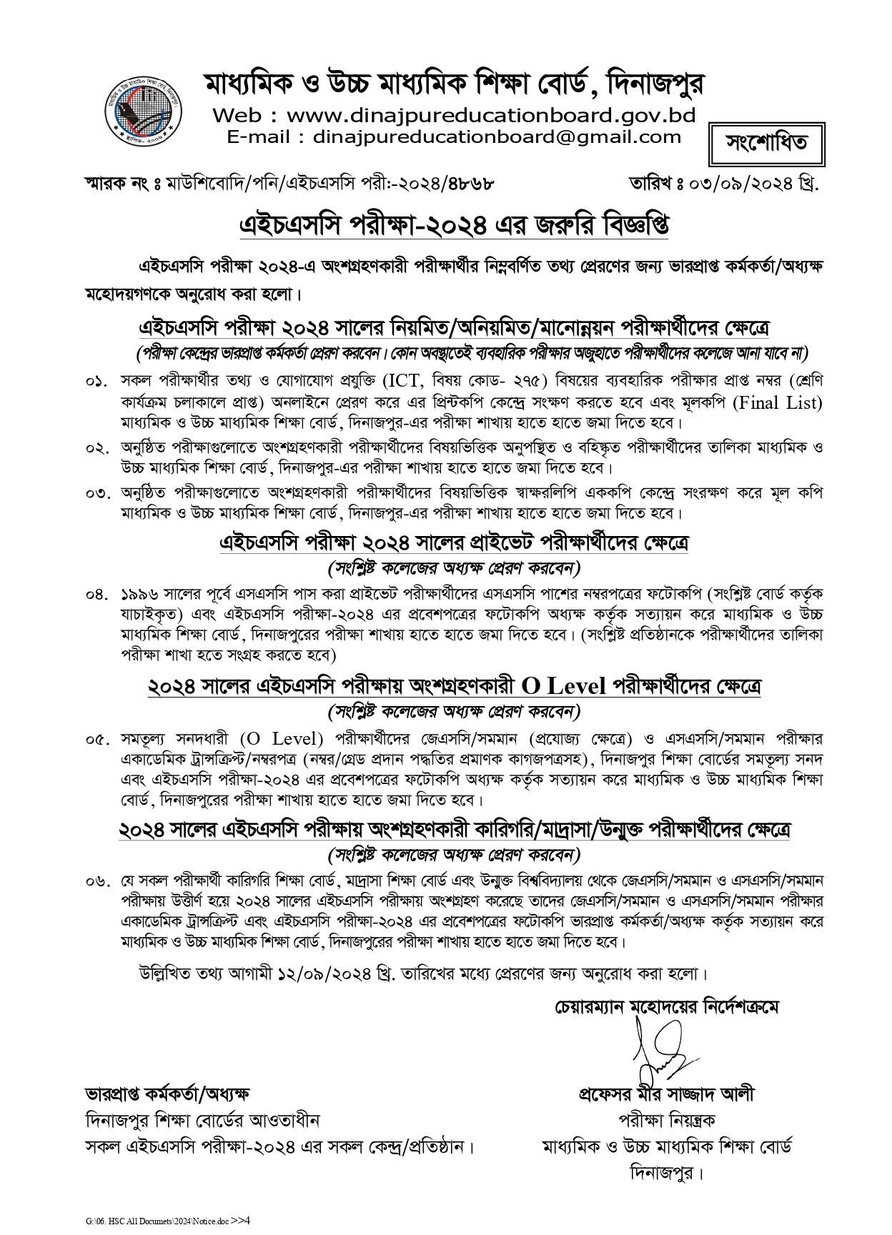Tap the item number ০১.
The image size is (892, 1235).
pyautogui.click(x=97, y=382)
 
